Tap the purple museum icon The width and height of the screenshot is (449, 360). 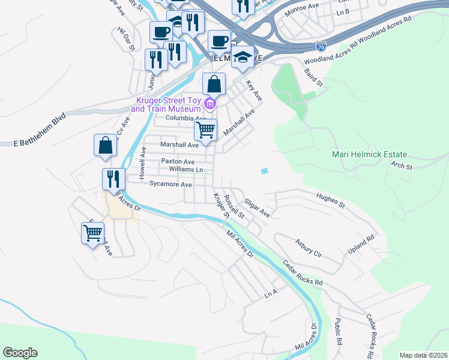[x=209, y=104]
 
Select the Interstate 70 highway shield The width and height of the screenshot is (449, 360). [x=321, y=45]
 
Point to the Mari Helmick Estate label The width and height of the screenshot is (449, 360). [x=369, y=154]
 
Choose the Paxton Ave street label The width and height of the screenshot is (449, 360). [x=178, y=162]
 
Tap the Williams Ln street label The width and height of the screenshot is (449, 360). [x=187, y=170]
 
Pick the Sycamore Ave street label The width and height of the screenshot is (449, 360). [x=171, y=185]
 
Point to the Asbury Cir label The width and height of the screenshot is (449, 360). [x=309, y=248]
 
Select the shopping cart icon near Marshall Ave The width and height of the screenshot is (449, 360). [x=206, y=130]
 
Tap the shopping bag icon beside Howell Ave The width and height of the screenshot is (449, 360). [x=105, y=146]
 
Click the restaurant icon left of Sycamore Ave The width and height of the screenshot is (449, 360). [x=113, y=178]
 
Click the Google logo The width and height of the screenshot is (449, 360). [x=20, y=353]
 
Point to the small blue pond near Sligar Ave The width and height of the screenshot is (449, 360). [x=265, y=172]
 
